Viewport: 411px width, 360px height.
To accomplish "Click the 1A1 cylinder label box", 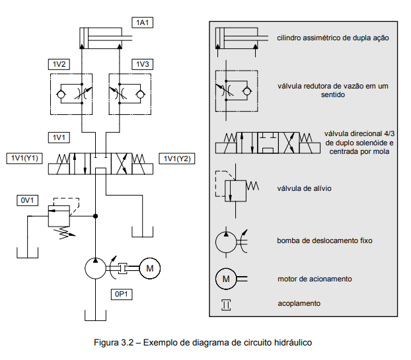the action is [142, 22].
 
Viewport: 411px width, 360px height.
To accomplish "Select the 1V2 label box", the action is [59, 64].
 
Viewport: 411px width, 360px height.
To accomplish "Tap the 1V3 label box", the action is [142, 64].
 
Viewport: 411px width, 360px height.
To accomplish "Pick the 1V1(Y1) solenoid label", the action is [24, 159].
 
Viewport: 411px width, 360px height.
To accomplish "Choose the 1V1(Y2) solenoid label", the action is [177, 159].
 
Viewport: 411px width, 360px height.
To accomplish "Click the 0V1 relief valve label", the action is [27, 200].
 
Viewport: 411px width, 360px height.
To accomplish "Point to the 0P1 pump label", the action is [122, 294].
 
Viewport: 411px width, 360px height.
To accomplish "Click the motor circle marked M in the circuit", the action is [150, 268].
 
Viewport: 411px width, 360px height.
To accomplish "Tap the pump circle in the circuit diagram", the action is [95, 268].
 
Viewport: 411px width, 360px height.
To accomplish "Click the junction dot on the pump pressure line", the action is [95, 216].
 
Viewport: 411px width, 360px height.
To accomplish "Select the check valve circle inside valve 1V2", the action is [61, 94].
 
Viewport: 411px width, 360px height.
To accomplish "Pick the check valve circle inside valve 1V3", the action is [141, 94].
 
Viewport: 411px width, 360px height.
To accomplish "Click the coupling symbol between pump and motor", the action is [122, 268].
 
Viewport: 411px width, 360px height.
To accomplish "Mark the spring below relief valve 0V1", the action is [64, 233].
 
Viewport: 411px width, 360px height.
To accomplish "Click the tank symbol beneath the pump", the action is [95, 316].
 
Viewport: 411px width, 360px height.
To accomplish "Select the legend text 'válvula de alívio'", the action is [304, 188].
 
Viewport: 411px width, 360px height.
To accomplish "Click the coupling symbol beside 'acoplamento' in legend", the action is [226, 305].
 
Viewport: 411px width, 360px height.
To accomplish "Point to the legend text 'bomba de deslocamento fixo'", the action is [324, 240].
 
